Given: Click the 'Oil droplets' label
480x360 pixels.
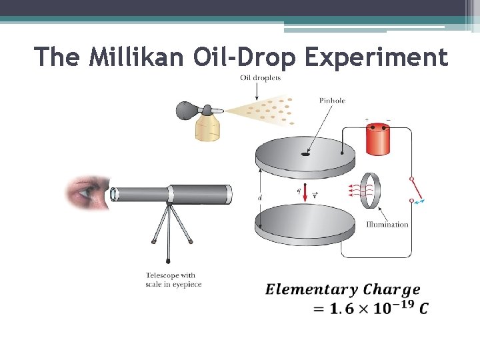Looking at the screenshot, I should (x=260, y=78).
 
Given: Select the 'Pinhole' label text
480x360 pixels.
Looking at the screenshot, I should (x=332, y=101).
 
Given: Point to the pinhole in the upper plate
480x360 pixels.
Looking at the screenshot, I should (x=305, y=155).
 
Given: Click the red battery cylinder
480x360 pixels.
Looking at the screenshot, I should (x=378, y=140).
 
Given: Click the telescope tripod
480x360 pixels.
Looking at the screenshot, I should (x=169, y=230).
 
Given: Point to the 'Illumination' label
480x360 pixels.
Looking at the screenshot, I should (x=387, y=225).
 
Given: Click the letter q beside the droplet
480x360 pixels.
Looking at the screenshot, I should (x=298, y=189).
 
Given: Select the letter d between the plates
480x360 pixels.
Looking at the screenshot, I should (x=260, y=197).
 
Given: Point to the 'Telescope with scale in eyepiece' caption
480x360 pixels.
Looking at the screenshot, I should (x=173, y=280).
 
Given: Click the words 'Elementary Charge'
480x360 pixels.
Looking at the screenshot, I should (x=343, y=289).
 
